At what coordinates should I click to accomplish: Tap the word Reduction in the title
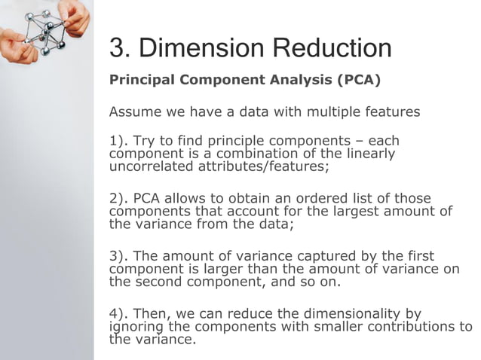pyautogui.click(x=332, y=48)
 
